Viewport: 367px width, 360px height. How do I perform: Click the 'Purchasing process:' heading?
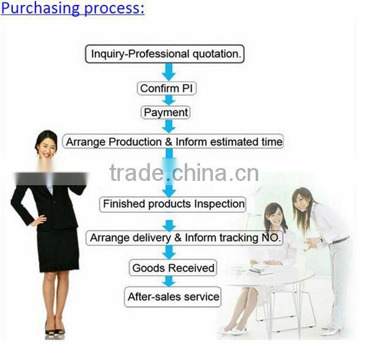tap(73, 9)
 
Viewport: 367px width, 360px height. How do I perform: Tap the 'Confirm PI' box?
tap(166, 88)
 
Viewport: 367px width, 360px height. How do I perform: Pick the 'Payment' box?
tap(166, 112)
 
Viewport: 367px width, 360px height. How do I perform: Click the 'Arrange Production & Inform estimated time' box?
tap(174, 142)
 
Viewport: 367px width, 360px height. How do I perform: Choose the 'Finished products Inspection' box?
tap(174, 204)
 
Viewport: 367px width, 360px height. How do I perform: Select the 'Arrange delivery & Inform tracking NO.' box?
tap(183, 237)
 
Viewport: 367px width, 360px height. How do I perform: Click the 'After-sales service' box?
tap(172, 297)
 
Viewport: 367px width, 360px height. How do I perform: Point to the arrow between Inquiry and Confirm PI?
tap(169, 72)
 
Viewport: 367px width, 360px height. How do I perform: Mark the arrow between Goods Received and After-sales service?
tap(169, 282)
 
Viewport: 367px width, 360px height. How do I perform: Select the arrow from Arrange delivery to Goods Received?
tap(169, 252)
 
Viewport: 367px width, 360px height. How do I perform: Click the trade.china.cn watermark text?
tap(183, 174)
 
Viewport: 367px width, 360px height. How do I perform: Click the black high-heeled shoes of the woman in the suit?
tap(54, 330)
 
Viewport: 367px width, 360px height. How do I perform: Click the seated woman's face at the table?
tap(275, 216)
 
